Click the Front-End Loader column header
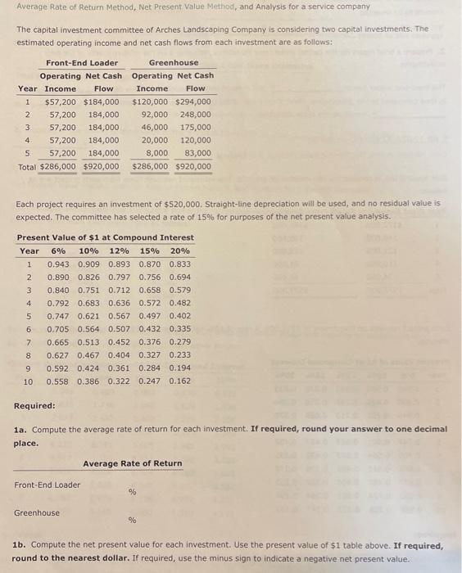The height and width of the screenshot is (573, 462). pos(81,63)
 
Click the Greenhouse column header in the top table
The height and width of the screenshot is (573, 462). pos(174,63)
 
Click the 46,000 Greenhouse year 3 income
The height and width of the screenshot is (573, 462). pos(155,127)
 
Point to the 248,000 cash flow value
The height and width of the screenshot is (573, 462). pos(195,115)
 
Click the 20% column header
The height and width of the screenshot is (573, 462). pos(180,251)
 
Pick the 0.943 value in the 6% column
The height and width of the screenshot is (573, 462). pos(58,264)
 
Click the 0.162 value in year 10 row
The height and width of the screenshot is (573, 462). pos(180,381)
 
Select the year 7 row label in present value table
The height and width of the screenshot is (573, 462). pos(29,341)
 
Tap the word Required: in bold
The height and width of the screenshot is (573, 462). pos(35,406)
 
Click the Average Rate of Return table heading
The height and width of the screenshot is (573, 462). pos(132,463)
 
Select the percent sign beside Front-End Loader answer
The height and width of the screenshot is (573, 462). pos(132,492)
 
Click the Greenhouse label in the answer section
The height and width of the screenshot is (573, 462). pos(37,512)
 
